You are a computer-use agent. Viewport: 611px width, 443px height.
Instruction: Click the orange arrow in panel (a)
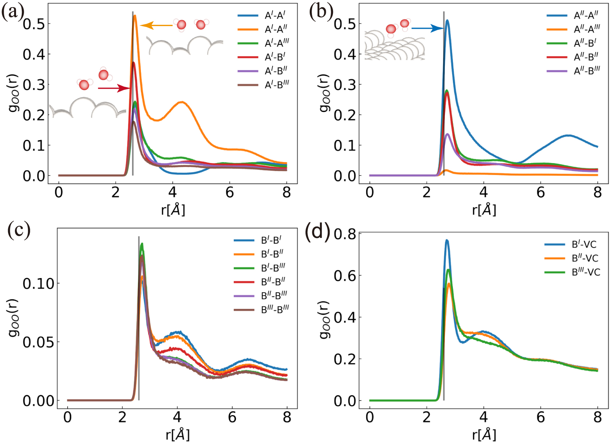pos(157,26)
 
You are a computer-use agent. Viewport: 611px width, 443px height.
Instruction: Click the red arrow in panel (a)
pos(114,89)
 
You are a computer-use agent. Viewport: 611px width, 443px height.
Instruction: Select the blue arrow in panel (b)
pos(427,28)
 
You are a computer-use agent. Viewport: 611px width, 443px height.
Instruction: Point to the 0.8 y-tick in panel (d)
pos(345,234)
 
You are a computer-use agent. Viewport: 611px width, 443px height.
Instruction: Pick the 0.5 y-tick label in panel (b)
pos(345,24)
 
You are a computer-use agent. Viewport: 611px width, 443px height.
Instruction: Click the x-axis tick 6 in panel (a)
pos(230,192)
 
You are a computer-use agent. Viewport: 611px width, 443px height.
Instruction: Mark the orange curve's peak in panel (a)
pos(135,16)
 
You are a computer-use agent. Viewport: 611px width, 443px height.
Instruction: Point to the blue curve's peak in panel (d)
pos(446,241)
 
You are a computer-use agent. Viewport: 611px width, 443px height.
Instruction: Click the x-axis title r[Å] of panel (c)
pos(178,435)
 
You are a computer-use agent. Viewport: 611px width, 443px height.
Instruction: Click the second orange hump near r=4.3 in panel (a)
pos(182,102)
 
